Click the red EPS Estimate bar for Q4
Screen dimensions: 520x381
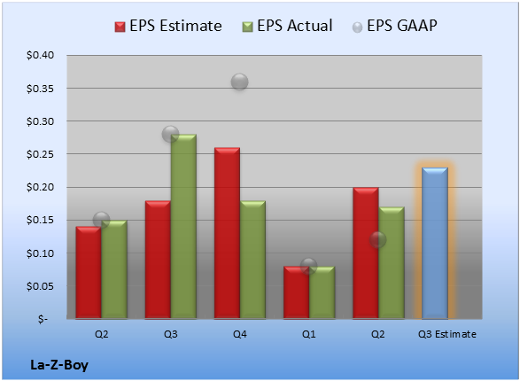click(227, 233)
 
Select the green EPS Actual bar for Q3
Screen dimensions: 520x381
click(183, 227)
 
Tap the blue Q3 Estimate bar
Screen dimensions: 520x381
click(435, 243)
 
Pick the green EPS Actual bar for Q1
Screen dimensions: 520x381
click(322, 292)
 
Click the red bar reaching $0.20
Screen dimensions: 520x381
click(366, 253)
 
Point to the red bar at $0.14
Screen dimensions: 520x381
click(89, 273)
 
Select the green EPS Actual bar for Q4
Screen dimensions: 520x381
click(252, 260)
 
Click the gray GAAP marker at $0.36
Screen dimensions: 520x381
click(239, 82)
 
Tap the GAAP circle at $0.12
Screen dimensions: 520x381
click(377, 239)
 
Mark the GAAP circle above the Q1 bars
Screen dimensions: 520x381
click(309, 266)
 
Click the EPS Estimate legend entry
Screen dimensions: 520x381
click(168, 26)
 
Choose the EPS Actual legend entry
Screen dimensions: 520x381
click(287, 26)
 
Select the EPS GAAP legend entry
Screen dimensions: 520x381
click(394, 26)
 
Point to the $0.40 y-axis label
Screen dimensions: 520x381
click(40, 55)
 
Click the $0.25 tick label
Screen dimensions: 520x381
click(40, 154)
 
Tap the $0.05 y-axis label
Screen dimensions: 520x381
click(40, 286)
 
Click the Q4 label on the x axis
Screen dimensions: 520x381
click(240, 334)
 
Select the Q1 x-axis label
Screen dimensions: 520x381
click(309, 334)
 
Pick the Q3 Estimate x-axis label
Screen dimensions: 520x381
click(447, 334)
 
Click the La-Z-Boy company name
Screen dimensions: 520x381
click(59, 365)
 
